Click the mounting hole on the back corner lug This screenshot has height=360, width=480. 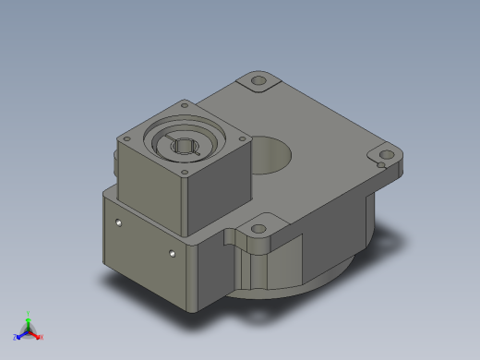pyautogui.click(x=258, y=82)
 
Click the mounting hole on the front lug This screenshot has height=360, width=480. pyautogui.click(x=258, y=227)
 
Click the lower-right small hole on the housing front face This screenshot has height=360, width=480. pyautogui.click(x=172, y=252)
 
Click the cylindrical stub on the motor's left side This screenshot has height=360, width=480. pyautogui.click(x=114, y=167)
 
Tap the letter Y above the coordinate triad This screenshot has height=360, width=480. pyautogui.click(x=28, y=313)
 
